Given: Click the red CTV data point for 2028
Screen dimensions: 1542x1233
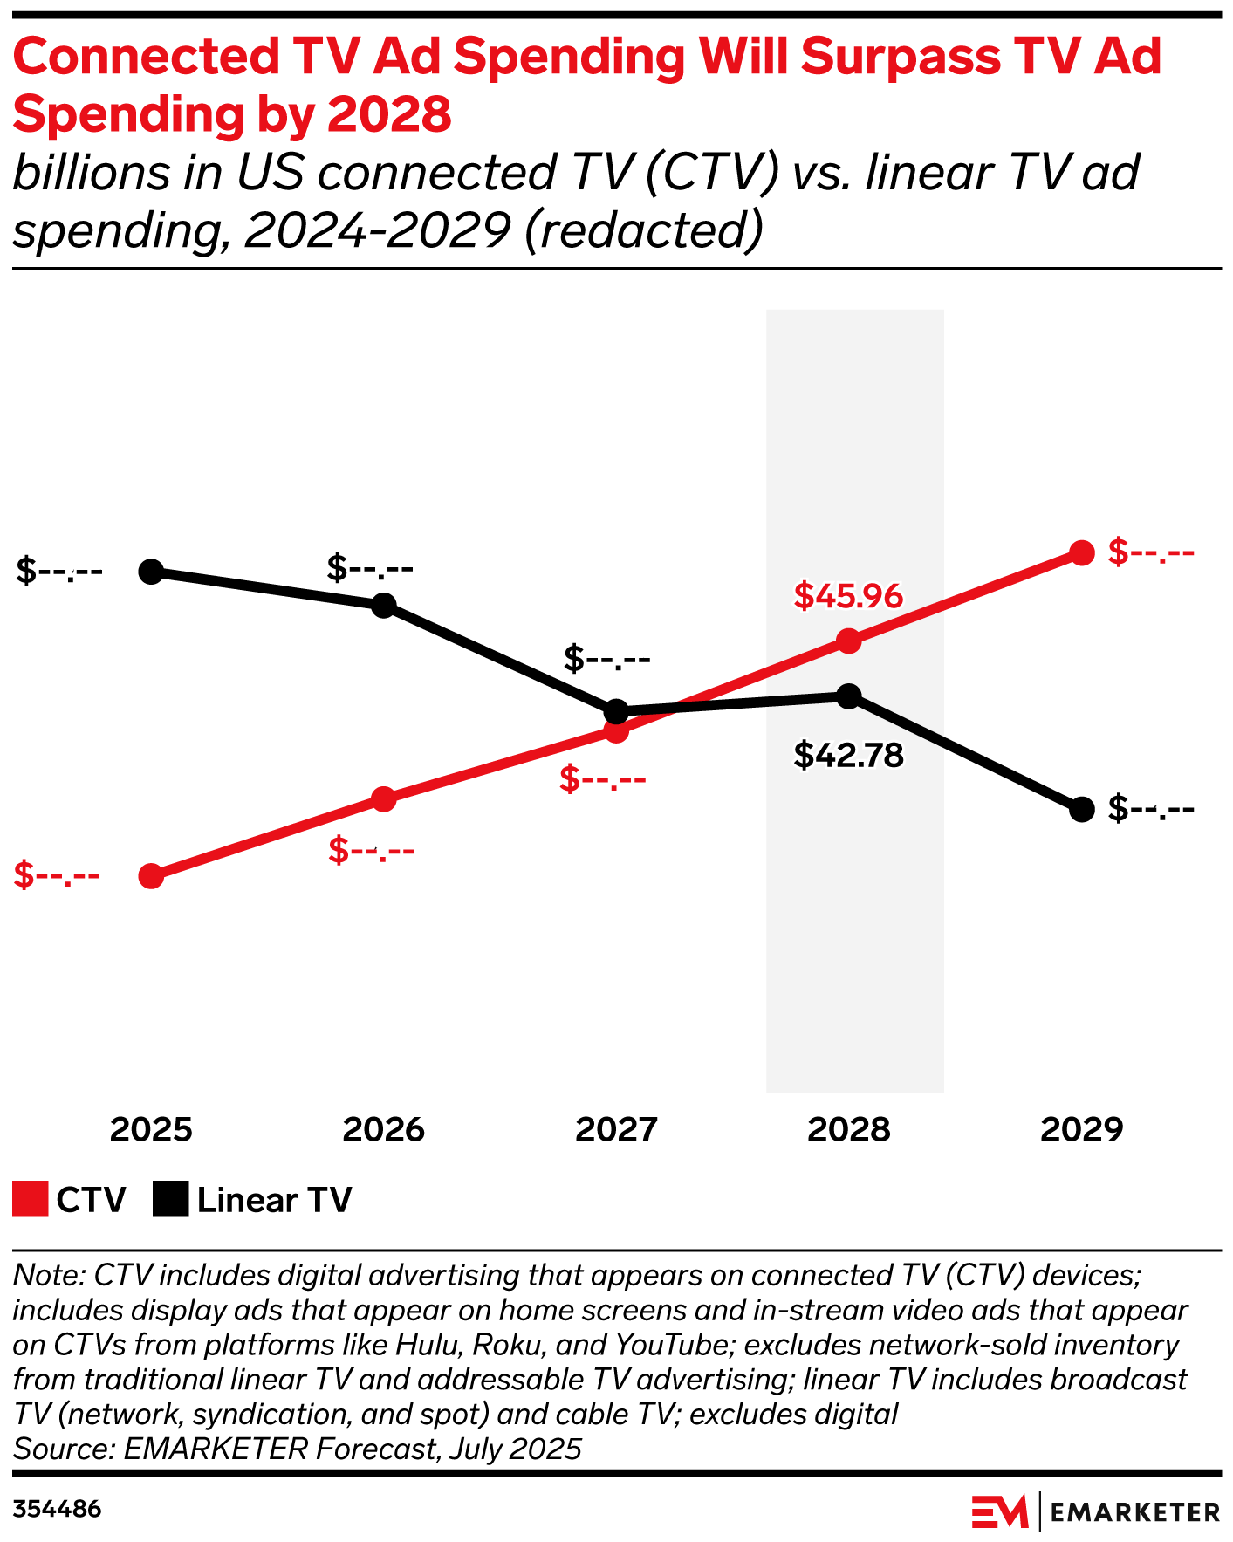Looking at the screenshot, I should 848,641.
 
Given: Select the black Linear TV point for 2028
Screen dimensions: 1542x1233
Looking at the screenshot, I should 848,696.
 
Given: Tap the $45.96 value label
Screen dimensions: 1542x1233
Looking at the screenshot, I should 848,596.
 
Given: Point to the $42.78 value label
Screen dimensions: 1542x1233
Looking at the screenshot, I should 848,755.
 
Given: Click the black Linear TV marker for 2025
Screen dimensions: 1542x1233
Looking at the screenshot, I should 151,572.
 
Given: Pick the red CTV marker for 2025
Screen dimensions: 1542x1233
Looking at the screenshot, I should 151,876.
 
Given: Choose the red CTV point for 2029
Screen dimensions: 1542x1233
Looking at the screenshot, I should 1082,552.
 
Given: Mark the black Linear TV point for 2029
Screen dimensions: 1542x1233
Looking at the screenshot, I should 1082,810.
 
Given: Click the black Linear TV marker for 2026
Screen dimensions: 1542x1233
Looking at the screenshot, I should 384,605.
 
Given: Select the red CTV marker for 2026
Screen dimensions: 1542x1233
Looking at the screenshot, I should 384,798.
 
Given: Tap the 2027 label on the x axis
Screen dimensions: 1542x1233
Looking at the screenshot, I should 616,1130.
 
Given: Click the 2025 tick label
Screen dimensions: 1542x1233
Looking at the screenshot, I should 151,1130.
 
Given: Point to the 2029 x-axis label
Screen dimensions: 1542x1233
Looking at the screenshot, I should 1082,1130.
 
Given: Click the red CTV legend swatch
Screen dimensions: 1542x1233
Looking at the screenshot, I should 30,1199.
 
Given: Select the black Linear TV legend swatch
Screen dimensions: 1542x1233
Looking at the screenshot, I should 170,1199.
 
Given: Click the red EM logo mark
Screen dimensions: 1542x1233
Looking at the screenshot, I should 1000,1511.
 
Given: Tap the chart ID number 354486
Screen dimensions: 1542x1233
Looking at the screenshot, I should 57,1509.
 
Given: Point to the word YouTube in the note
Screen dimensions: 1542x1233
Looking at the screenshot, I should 672,1345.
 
